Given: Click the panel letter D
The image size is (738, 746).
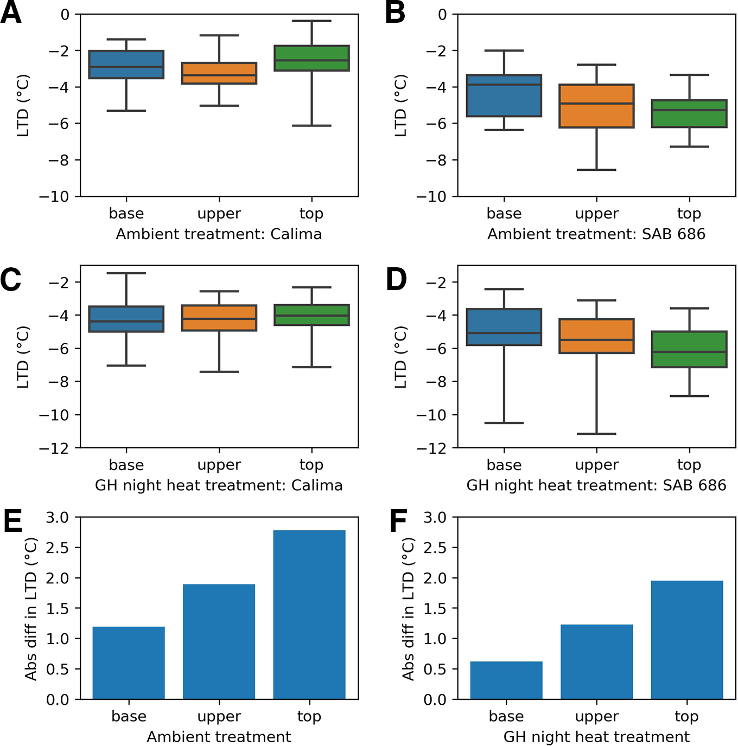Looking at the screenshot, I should pos(396,280).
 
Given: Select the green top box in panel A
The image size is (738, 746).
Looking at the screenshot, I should pos(311,58).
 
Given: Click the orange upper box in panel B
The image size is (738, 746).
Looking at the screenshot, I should pos(596,106).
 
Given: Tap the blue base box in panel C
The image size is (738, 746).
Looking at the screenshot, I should pos(126,319).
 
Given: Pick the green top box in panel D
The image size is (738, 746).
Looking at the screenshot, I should pos(689,349).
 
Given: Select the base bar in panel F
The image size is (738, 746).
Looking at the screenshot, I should pos(506,680).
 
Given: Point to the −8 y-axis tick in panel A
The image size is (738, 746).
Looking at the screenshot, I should pos(59,160).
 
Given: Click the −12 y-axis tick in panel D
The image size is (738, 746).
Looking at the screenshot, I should pos(432,448).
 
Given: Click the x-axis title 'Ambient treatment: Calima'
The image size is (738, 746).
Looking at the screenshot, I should pos(219,234).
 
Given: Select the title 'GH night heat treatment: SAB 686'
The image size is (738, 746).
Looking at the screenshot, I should pos(596,485).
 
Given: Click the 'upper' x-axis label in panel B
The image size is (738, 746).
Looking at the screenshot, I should pos(596,214).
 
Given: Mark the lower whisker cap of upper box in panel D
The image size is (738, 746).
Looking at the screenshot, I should pos(596,434).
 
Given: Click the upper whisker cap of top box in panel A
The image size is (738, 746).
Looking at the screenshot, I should pos(311,21).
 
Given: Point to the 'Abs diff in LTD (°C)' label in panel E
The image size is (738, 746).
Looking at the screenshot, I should pos(31,608).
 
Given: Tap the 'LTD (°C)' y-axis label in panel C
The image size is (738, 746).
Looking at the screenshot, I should pos(23,357).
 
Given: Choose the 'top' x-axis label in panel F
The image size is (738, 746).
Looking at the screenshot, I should pos(686,716).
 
